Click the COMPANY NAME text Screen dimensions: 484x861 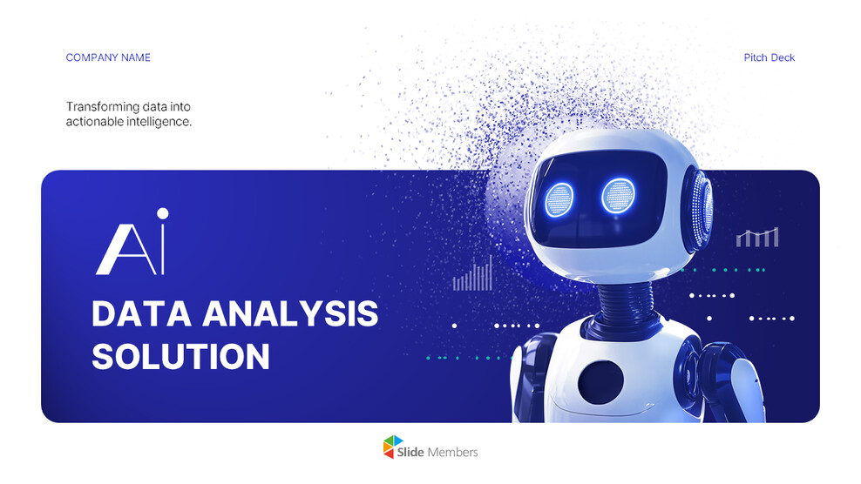point(108,57)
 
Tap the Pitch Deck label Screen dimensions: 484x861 point(769,57)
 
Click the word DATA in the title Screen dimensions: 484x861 point(139,314)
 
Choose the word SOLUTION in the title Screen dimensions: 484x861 point(180,357)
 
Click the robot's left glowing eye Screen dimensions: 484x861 point(560,199)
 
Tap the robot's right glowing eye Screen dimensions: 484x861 point(618,196)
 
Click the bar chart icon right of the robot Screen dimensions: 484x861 point(756,237)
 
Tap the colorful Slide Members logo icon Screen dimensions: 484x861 point(394,447)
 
